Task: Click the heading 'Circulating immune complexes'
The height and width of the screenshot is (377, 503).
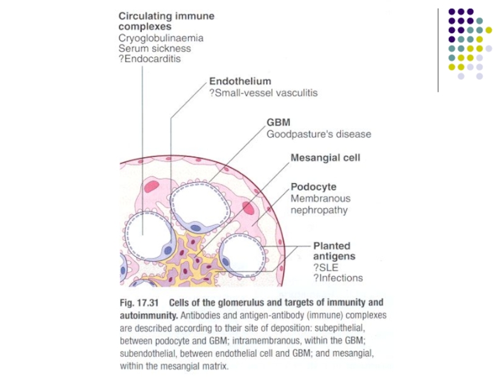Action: click(x=165, y=21)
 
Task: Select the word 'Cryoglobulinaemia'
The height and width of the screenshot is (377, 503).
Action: click(x=161, y=38)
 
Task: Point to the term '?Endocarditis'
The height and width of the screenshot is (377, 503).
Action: click(x=149, y=59)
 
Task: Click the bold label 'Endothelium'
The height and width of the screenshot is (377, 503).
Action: click(x=240, y=82)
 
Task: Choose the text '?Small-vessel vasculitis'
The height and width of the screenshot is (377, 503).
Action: click(x=263, y=93)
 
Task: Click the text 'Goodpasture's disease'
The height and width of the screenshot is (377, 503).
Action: click(x=319, y=134)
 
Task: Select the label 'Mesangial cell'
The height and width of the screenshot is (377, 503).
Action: click(x=325, y=158)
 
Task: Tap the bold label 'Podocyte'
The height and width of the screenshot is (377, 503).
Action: click(x=313, y=187)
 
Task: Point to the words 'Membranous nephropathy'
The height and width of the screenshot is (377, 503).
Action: click(x=320, y=204)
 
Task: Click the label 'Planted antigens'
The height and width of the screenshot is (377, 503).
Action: click(x=333, y=251)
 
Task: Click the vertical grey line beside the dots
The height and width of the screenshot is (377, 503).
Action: click(x=438, y=50)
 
